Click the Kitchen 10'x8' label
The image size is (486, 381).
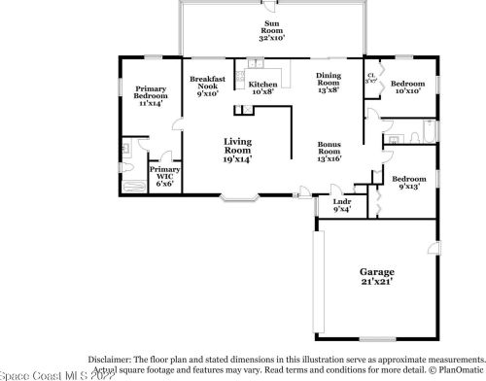262,89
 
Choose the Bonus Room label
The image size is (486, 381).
329,151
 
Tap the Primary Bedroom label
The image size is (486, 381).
150,97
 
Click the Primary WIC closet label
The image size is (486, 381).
163,175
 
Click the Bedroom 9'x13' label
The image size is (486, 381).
408,183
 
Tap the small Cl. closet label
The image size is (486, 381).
371,80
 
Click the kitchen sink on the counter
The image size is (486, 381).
255,66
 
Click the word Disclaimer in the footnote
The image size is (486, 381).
109,359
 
